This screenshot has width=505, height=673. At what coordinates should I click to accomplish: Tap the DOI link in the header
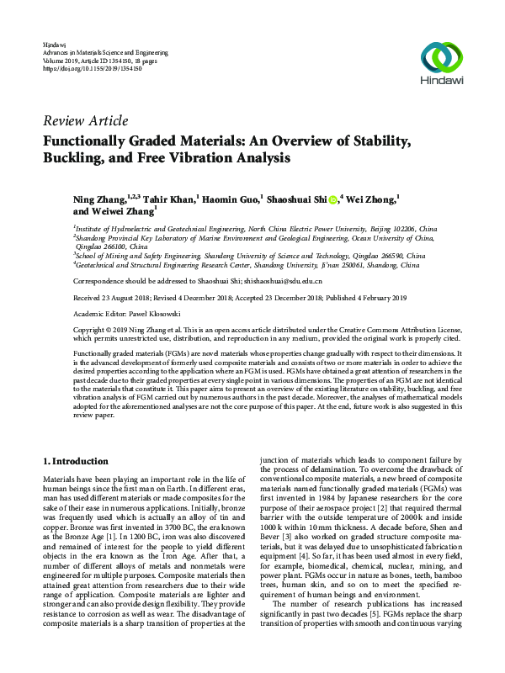click(x=86, y=67)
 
